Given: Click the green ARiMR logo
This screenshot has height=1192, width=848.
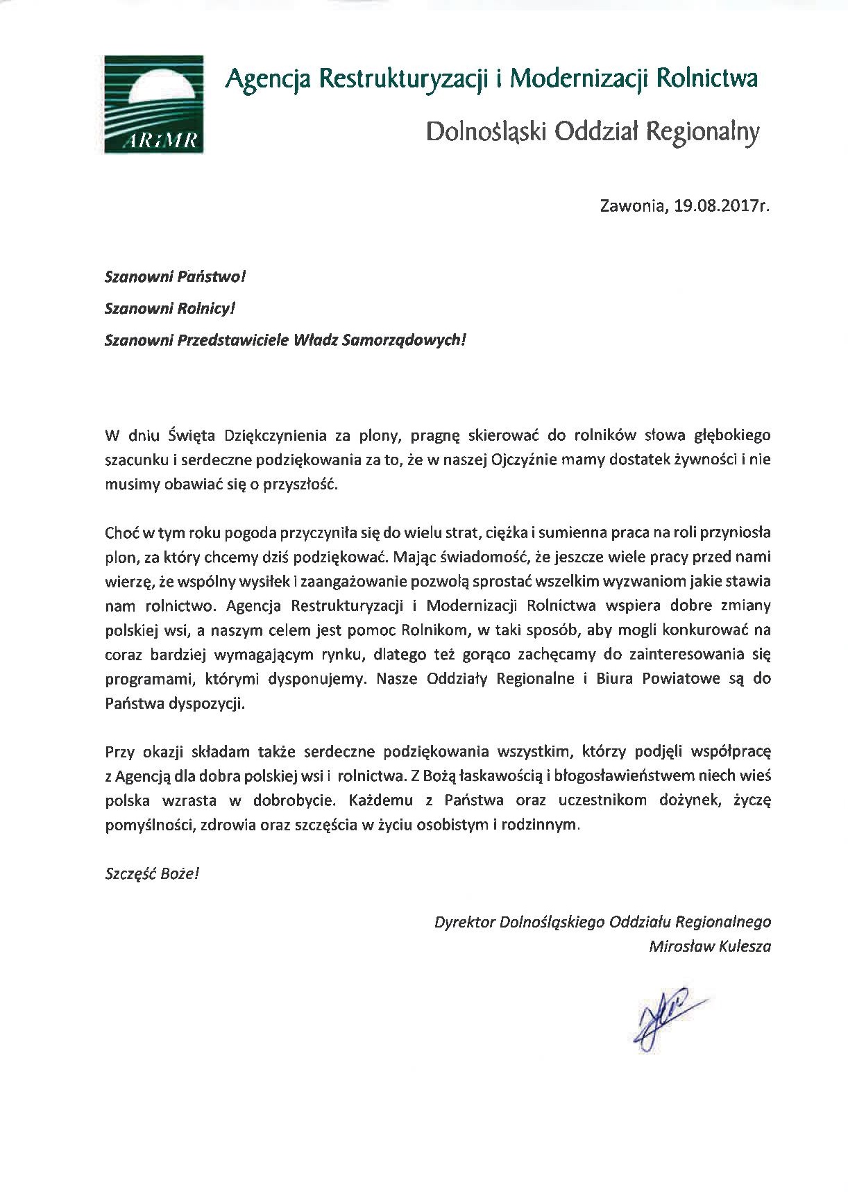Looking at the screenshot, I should [x=153, y=104].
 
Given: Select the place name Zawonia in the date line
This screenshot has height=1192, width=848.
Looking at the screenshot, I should [x=631, y=207].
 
